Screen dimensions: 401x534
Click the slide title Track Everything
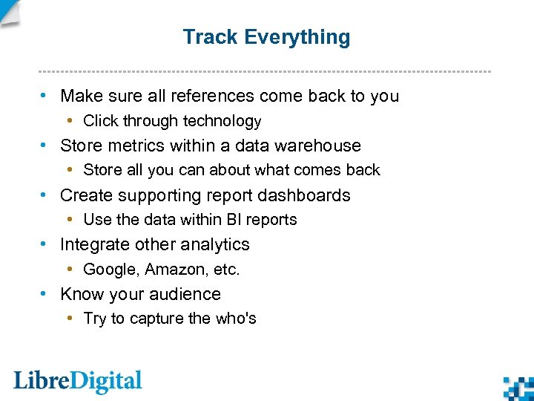(x=266, y=37)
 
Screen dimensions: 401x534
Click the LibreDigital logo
(x=78, y=382)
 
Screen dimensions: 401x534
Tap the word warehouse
(x=319, y=146)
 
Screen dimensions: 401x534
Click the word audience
(x=188, y=294)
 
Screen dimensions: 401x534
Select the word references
(x=208, y=96)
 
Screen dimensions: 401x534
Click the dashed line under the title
(x=265, y=71)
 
